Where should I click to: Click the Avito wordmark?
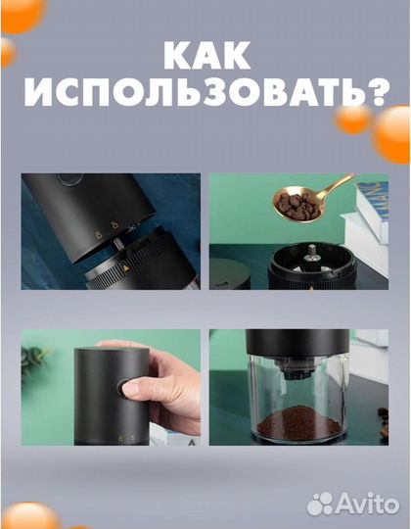point(366,504)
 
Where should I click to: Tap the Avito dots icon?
point(319,504)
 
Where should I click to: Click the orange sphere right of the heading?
point(352,117)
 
